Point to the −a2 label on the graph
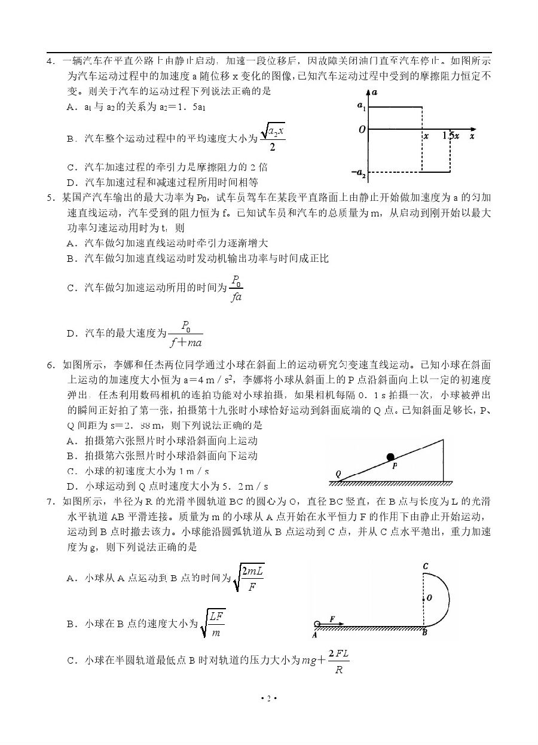(x=359, y=173)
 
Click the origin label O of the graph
(x=362, y=129)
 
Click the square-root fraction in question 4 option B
(x=273, y=138)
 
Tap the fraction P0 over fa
(x=236, y=288)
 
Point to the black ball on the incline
(x=390, y=457)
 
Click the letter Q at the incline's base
(x=338, y=474)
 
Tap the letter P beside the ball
(x=395, y=467)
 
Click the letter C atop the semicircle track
(x=425, y=566)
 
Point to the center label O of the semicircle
(x=429, y=597)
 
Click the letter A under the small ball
(x=314, y=635)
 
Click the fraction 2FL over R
(x=338, y=661)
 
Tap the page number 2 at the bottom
(x=269, y=698)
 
